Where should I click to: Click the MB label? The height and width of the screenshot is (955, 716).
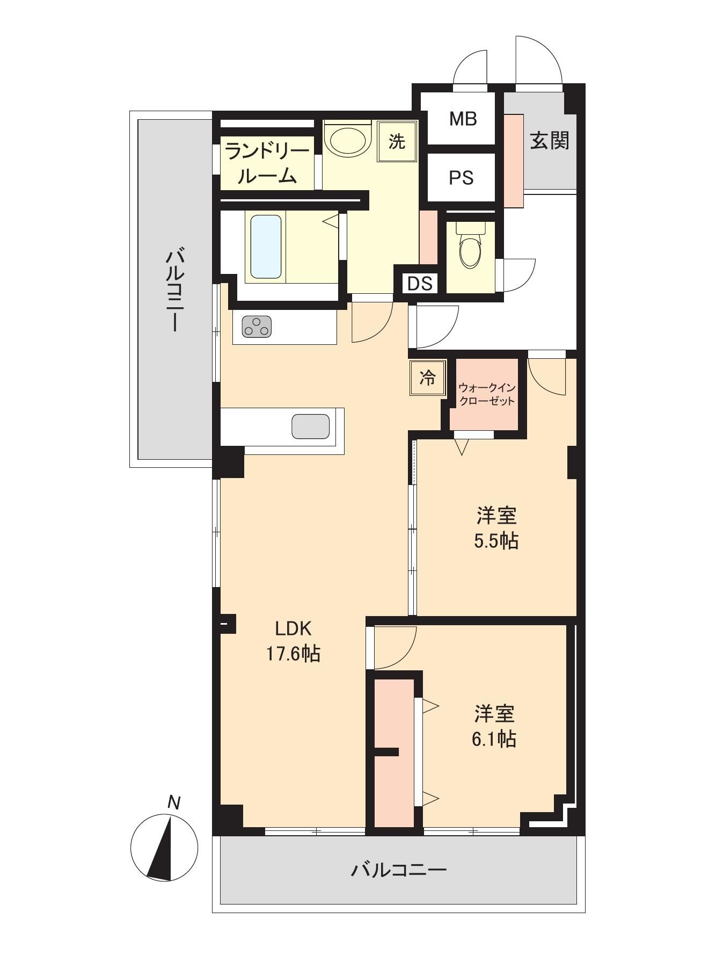click(x=463, y=119)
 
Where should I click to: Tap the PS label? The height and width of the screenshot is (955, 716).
click(x=461, y=177)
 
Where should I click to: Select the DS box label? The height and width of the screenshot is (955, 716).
click(x=420, y=283)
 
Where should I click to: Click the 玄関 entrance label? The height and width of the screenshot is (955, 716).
click(x=550, y=141)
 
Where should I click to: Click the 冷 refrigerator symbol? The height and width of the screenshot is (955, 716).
click(x=428, y=378)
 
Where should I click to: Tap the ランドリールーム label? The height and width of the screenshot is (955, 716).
click(x=267, y=163)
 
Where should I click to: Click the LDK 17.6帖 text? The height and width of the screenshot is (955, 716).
click(x=293, y=641)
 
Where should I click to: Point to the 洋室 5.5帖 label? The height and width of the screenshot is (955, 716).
click(x=496, y=528)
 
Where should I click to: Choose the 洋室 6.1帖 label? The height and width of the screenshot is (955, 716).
click(x=494, y=726)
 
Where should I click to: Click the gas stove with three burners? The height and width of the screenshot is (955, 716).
click(x=257, y=327)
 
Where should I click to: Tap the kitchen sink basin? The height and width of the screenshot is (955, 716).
click(x=310, y=426)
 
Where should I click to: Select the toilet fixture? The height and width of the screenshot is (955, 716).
click(x=470, y=245)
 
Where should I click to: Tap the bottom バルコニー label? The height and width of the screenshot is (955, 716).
click(x=399, y=869)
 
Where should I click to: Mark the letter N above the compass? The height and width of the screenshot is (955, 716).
click(x=173, y=802)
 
